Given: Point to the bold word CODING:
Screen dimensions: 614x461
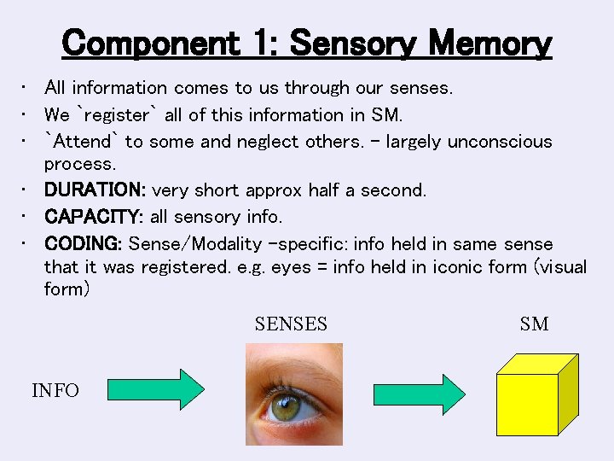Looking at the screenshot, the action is pyautogui.click(x=84, y=244).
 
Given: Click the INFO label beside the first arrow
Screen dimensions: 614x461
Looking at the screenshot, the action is pyautogui.click(x=55, y=391).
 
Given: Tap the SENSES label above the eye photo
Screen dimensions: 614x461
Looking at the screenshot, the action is pyautogui.click(x=291, y=324).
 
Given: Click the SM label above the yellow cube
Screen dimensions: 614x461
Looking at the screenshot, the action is pyautogui.click(x=534, y=324).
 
